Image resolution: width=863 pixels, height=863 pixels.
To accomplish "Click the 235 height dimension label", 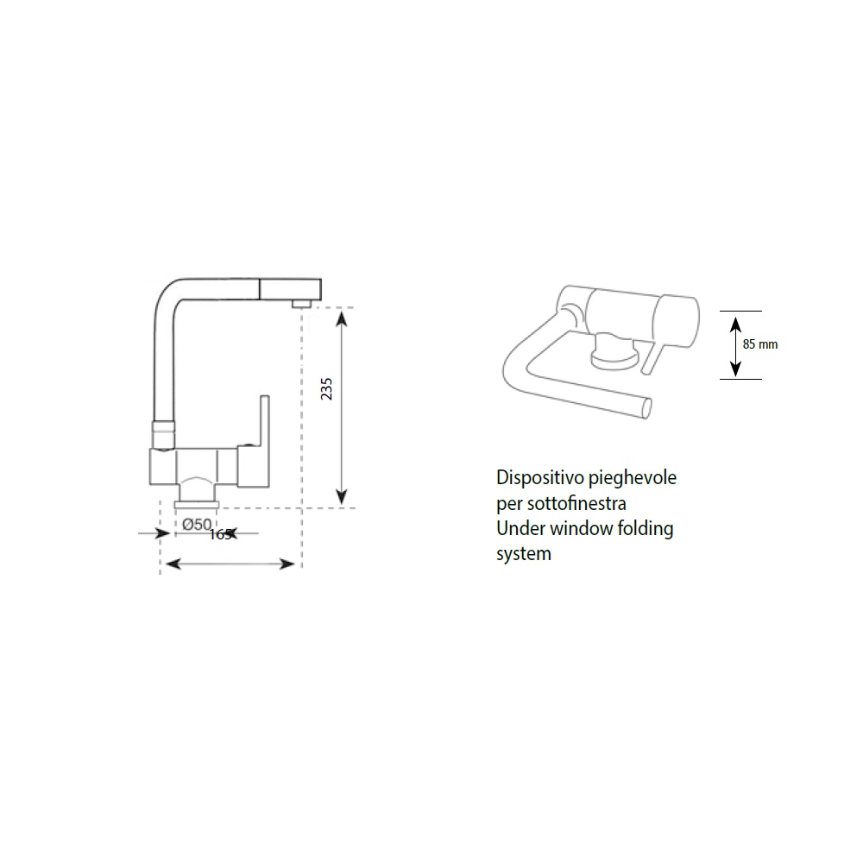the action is point(326,388).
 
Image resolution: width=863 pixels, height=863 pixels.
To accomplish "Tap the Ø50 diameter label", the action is point(197,525).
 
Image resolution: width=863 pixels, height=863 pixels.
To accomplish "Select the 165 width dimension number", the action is point(220,534).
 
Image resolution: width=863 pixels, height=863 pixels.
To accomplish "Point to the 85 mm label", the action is point(760,344).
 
